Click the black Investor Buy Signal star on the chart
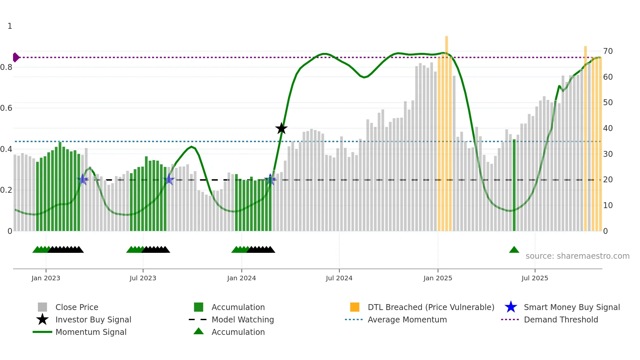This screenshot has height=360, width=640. (x=281, y=128)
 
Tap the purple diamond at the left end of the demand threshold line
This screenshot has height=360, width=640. (x=16, y=57)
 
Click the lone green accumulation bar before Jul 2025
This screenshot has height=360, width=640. (x=514, y=185)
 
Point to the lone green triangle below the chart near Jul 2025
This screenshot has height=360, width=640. (x=514, y=250)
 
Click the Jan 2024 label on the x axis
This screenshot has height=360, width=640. (x=241, y=278)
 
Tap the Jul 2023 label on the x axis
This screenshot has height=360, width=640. (x=143, y=278)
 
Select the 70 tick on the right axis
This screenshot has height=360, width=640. (x=608, y=51)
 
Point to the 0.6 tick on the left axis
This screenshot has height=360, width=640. (x=6, y=108)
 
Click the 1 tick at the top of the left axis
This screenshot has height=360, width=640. (x=10, y=26)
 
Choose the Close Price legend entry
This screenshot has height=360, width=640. (x=76, y=307)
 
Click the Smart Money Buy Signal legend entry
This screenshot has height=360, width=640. (x=571, y=307)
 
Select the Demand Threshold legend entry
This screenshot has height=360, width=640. (x=561, y=319)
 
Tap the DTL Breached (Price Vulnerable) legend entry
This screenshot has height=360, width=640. (x=431, y=307)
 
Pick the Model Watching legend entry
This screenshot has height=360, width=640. (x=242, y=319)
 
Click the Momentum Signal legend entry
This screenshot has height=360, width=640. (x=91, y=332)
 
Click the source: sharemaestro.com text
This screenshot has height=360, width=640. (x=577, y=256)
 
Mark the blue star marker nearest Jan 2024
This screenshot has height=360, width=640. (x=270, y=179)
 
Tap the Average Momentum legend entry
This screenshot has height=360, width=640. (x=407, y=319)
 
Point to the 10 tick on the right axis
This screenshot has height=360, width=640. (x=608, y=205)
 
